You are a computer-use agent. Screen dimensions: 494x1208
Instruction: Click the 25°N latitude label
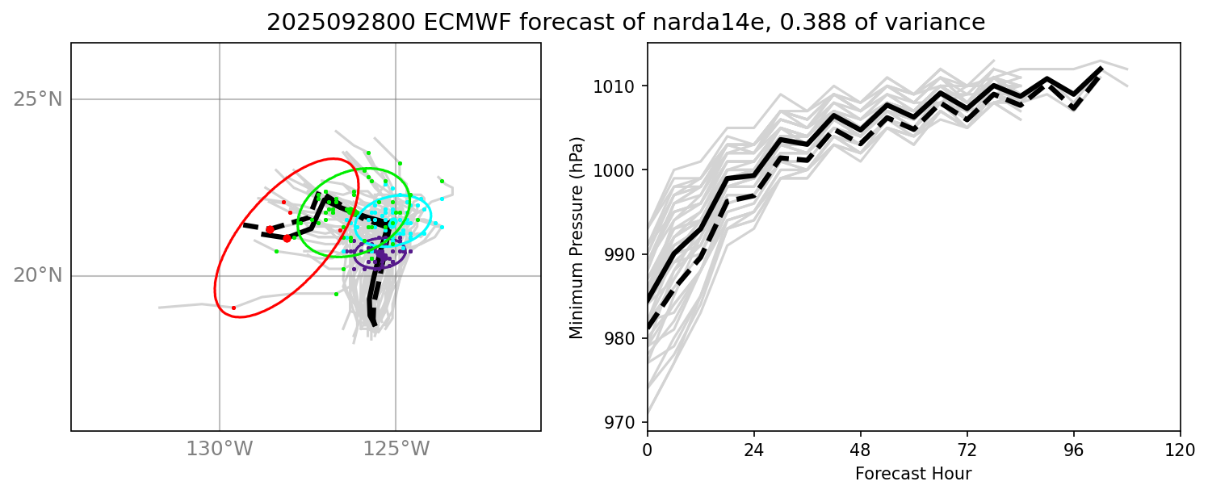tap(38, 99)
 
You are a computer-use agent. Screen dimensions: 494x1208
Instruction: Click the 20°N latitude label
tap(38, 275)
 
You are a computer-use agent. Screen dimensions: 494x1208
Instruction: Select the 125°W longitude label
tap(396, 448)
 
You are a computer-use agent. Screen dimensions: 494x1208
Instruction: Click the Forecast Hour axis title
tap(913, 473)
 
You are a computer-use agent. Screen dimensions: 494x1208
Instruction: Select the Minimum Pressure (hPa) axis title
tap(576, 237)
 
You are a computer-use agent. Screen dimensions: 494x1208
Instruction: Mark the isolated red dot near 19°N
tap(233, 308)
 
